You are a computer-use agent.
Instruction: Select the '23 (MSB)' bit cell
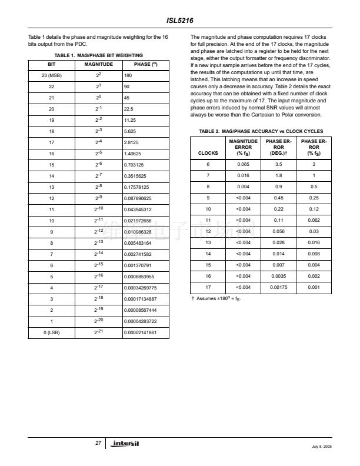[51, 76]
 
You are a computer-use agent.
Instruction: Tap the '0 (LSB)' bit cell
[51, 332]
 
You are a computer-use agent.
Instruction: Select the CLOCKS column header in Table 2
[208, 152]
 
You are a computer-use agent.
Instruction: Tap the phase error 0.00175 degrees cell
[279, 287]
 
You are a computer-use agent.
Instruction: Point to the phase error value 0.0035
[279, 275]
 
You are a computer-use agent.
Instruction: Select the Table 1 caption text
[98, 55]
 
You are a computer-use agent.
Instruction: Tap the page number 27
[99, 442]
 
